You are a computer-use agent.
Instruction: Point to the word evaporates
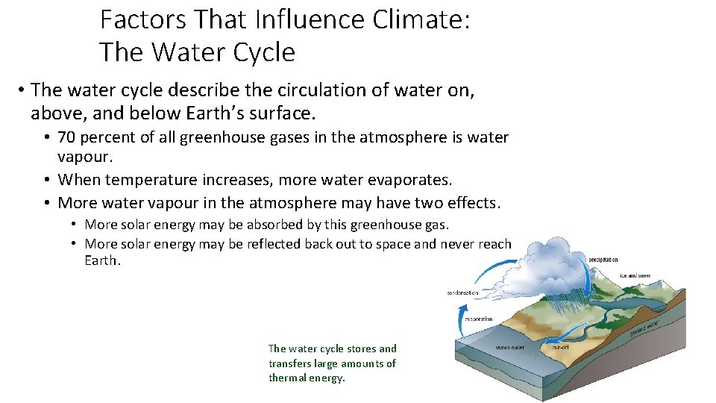[413, 180]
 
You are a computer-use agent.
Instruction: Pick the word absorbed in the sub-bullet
[282, 224]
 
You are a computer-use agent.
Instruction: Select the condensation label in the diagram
[463, 293]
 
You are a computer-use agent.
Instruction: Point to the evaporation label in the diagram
[478, 319]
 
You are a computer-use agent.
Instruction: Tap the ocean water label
[510, 346]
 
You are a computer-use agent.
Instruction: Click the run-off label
[561, 347]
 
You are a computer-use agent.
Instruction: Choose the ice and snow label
[635, 275]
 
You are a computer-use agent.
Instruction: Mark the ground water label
[646, 327]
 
